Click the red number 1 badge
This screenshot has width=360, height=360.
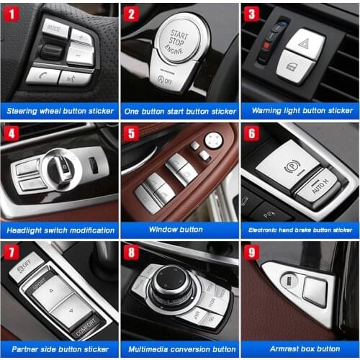[12, 13]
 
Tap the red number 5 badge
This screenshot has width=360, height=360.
[131, 133]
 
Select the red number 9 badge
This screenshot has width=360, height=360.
[251, 253]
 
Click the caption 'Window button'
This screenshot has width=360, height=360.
[179, 230]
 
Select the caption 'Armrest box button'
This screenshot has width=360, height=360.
[300, 349]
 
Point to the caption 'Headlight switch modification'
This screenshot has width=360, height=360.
[60, 230]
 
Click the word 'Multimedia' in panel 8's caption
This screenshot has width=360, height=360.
[150, 349]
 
